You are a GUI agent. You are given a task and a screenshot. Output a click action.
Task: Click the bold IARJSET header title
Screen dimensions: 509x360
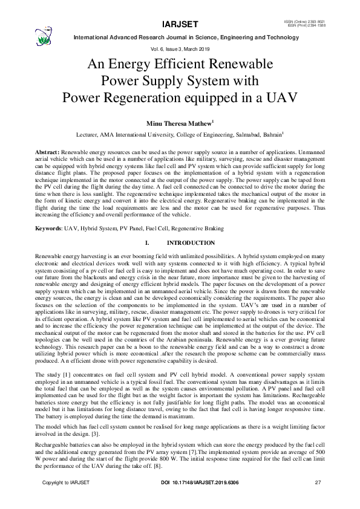[180, 25]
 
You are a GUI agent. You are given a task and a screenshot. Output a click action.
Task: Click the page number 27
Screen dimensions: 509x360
[318, 499]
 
